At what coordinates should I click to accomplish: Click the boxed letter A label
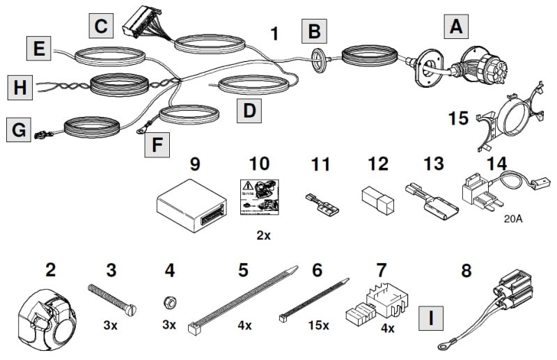455,27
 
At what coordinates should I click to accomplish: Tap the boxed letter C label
102,27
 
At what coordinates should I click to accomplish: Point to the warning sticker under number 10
258,194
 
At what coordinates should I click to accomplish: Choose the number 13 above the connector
433,164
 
